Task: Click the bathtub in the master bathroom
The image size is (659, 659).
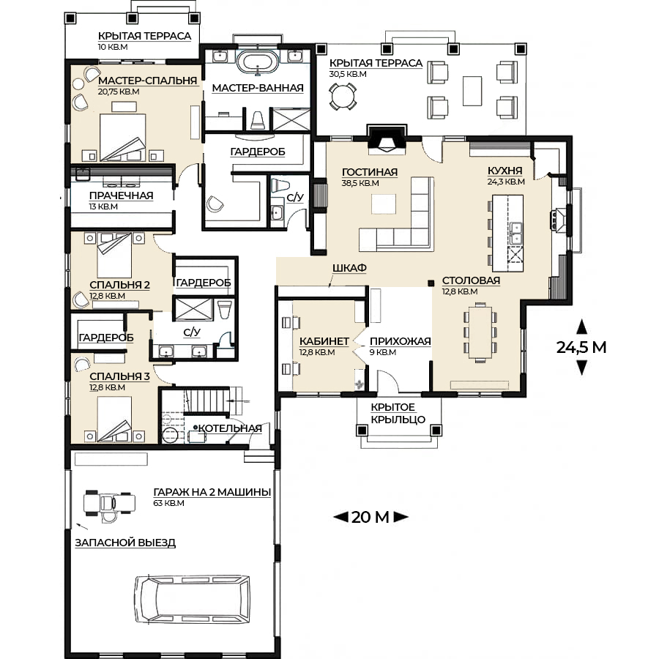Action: [258, 63]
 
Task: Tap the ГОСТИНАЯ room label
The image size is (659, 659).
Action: [370, 172]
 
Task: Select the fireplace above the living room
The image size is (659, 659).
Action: [387, 138]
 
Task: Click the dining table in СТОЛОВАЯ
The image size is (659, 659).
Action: [480, 332]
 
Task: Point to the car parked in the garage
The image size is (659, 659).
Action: [192, 600]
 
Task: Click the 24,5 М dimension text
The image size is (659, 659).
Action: [581, 347]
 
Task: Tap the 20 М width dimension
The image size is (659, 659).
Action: [371, 517]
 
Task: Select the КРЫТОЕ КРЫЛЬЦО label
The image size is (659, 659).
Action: [398, 413]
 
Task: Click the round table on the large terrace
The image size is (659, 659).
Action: [343, 96]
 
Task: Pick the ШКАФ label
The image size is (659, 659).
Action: [349, 268]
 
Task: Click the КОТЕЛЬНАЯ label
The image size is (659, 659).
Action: [230, 428]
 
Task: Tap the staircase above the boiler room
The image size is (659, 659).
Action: [207, 401]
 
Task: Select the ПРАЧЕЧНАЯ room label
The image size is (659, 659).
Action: [121, 196]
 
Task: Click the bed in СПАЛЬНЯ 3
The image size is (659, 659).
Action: [114, 419]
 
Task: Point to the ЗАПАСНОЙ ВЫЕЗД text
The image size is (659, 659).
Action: [125, 543]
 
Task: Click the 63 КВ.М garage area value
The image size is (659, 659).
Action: [168, 503]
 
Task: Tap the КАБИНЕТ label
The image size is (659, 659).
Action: [324, 341]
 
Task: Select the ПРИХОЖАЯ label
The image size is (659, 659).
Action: [400, 341]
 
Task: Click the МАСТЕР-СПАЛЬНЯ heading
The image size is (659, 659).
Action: [147, 81]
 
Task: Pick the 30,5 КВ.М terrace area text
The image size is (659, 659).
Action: [348, 74]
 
